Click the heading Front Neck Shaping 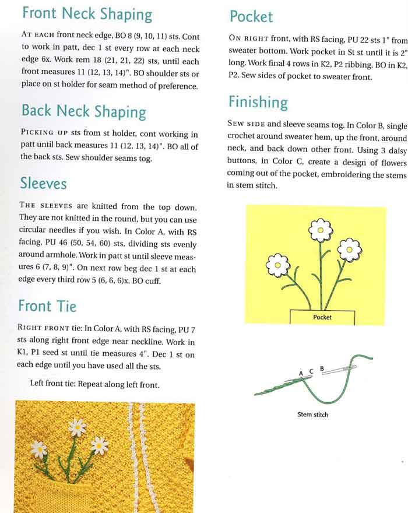point(86,14)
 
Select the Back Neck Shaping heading point(83,111)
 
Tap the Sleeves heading point(43,184)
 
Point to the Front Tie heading point(47,305)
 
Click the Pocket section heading point(251,16)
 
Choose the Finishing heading point(258,103)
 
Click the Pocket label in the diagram point(322,317)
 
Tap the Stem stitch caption point(313,414)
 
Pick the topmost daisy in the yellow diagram point(320,230)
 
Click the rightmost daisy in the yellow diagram point(350,250)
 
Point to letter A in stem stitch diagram point(301,373)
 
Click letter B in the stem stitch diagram point(322,368)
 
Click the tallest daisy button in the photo point(77,427)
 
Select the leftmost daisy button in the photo point(39,449)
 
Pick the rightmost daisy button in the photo point(100,445)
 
